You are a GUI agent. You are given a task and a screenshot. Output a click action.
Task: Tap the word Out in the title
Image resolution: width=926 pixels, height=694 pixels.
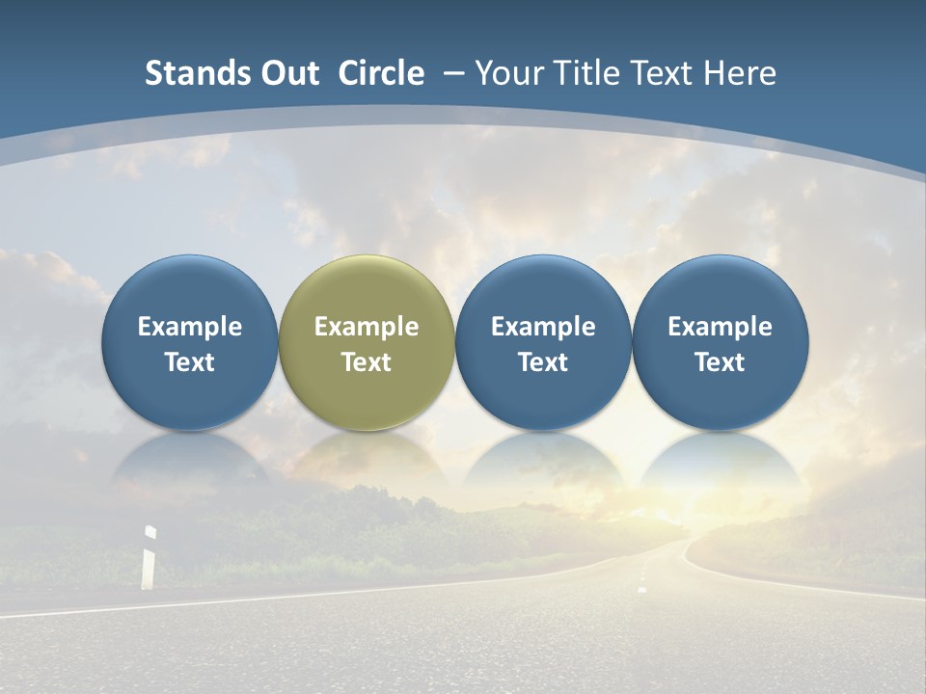(x=286, y=73)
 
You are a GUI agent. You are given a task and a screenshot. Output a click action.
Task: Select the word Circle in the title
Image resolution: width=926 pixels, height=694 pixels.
(x=381, y=73)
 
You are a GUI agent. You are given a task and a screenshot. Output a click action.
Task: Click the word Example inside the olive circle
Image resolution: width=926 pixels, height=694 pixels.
(x=367, y=327)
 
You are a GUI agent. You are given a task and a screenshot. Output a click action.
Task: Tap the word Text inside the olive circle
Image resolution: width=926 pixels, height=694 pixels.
(x=367, y=362)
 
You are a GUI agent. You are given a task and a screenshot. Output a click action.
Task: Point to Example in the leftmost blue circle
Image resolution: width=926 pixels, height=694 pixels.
(x=189, y=327)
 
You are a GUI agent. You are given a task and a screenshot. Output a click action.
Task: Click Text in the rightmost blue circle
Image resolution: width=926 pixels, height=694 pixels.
(x=721, y=362)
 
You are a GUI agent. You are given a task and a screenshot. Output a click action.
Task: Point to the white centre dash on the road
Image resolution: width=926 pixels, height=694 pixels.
(x=642, y=587)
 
